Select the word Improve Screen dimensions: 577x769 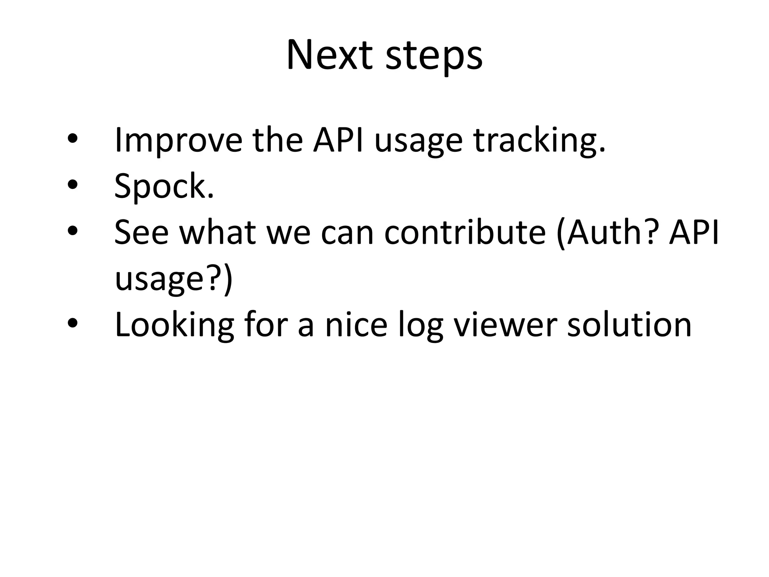tap(178, 140)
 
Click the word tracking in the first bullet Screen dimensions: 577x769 tap(539, 140)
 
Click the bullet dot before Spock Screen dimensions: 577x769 tap(72, 185)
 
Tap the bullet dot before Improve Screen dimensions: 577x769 tap(72, 139)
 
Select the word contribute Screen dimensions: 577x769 tap(465, 232)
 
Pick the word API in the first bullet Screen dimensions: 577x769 tap(338, 140)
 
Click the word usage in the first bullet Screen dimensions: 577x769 tap(418, 143)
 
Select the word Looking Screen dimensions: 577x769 tap(174, 325)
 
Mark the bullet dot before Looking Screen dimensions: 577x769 tap(72, 323)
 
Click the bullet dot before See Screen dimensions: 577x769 tap(72, 231)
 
